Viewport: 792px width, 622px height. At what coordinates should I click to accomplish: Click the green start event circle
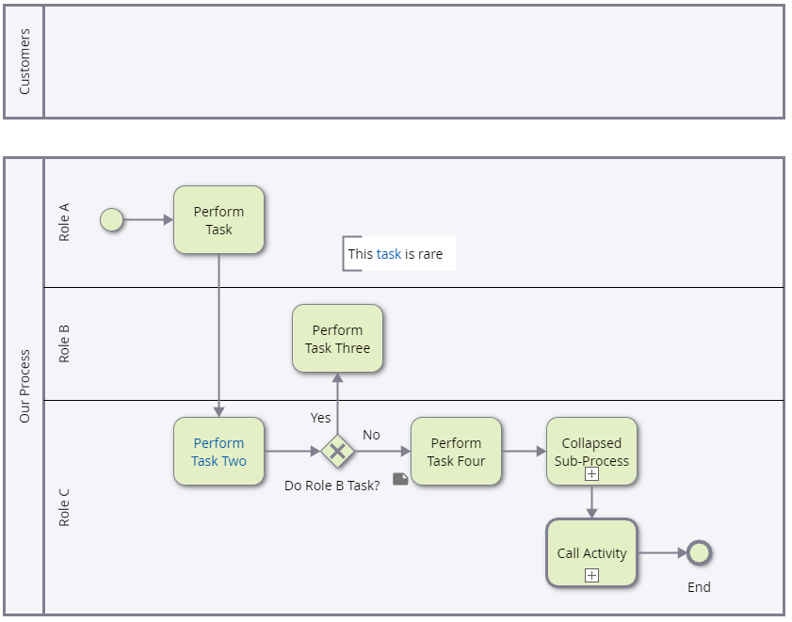[x=112, y=220]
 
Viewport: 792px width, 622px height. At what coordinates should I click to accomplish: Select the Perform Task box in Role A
[x=218, y=220]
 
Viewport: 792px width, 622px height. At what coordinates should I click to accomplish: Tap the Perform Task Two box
[x=218, y=452]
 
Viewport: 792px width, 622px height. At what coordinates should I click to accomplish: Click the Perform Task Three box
[x=337, y=339]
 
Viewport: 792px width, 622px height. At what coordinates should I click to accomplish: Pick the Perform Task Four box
[x=456, y=452]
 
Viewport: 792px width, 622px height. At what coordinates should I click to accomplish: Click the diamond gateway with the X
[x=337, y=452]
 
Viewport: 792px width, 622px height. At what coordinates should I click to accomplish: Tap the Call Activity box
[x=591, y=553]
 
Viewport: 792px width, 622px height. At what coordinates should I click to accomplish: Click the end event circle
[x=698, y=553]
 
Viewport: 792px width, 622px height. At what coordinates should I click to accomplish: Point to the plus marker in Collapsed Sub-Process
[x=591, y=474]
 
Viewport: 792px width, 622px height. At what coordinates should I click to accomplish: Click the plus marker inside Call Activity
[x=591, y=576]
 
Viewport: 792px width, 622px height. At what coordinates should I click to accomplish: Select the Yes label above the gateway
[x=320, y=417]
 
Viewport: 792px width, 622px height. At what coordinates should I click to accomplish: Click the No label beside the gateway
[x=371, y=435]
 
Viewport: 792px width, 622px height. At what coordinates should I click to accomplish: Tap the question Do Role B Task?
[x=331, y=486]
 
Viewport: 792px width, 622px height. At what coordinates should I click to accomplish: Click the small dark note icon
[x=400, y=479]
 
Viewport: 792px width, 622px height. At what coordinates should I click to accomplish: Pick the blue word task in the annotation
[x=389, y=254]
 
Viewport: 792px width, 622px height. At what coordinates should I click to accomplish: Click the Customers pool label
[x=24, y=61]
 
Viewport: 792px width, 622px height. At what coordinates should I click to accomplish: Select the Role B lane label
[x=64, y=343]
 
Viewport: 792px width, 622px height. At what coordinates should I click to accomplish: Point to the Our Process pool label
[x=24, y=386]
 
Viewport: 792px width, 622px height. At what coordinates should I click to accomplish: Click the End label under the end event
[x=699, y=587]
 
